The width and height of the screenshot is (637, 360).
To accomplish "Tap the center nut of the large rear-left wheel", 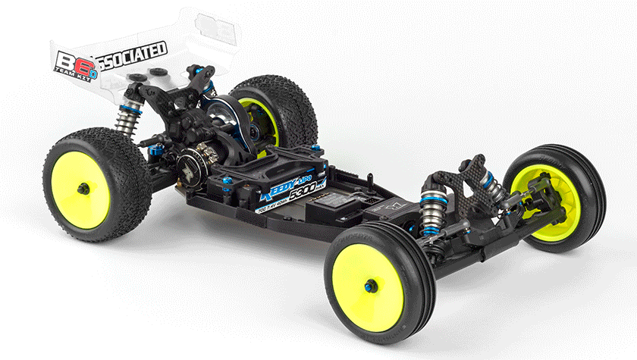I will tap(82, 187).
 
